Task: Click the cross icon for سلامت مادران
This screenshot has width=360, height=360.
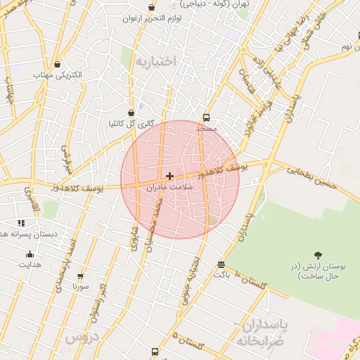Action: tap(169, 175)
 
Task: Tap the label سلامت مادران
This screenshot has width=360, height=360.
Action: tap(169, 188)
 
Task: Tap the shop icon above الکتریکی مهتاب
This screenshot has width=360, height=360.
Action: tap(58, 64)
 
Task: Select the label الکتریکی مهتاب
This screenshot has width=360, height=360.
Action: tap(58, 75)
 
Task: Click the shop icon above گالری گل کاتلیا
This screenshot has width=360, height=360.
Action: tap(131, 112)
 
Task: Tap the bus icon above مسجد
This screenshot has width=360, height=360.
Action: tap(206, 117)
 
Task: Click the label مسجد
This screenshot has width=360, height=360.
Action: tap(207, 129)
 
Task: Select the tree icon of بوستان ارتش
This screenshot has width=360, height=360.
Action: tap(319, 255)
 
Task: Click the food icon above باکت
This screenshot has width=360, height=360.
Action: tap(221, 264)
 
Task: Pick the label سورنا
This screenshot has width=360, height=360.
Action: tap(80, 287)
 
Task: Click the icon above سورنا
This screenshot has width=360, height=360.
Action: tap(80, 276)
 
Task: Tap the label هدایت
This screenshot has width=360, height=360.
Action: tap(30, 264)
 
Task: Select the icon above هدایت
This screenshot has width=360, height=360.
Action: tap(30, 255)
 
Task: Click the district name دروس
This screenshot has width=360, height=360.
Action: tap(79, 337)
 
